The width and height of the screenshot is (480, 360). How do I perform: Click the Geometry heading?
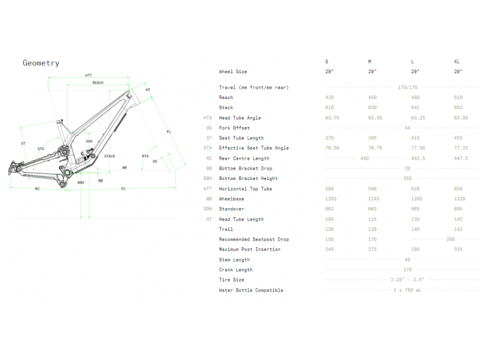point(41,63)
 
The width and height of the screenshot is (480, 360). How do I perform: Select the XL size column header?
point(457,62)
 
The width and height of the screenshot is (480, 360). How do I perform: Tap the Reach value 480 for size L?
point(415,97)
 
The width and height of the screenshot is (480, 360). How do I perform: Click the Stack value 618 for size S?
point(329,107)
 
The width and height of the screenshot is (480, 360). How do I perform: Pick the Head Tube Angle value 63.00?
point(461,118)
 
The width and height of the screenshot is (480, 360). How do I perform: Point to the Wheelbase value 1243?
point(374,199)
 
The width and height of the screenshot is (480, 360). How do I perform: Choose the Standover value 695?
point(458,209)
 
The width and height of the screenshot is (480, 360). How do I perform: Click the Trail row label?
point(226,229)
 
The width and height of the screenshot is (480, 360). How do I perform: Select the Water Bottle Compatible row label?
point(251,290)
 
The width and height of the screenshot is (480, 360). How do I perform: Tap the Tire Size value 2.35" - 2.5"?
point(407,280)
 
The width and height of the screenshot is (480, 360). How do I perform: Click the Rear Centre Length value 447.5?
point(461,158)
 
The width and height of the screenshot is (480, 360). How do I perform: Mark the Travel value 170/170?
point(407,87)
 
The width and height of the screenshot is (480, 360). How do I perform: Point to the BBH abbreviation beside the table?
point(208,178)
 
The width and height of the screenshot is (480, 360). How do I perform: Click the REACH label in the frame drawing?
point(98,83)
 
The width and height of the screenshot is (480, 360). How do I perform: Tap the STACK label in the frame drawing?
point(110,156)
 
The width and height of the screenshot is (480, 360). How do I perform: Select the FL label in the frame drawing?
point(169,131)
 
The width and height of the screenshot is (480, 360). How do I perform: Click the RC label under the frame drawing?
point(37,189)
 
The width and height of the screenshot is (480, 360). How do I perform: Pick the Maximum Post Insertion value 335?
point(458,249)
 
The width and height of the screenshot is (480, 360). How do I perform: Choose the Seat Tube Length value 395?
point(372,138)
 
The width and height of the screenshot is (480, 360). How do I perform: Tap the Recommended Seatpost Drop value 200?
point(451,239)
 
